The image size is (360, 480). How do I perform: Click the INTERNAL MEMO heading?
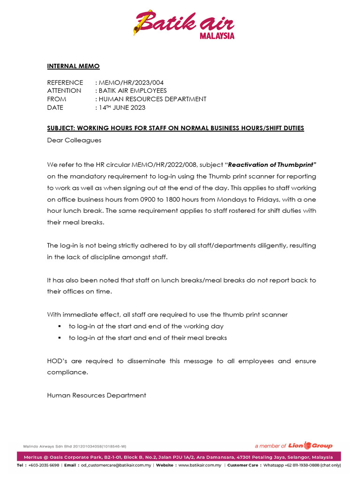coord(73,67)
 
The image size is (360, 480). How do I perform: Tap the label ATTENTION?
coord(64,90)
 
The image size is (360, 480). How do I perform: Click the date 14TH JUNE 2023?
coord(122,107)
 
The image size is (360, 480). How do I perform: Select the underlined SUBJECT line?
coord(175,128)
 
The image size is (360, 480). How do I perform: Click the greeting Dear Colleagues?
coord(74,140)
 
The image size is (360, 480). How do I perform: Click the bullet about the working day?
coord(146,326)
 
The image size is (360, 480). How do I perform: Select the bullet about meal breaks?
coord(148,337)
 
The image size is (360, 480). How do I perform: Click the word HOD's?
coord(58,361)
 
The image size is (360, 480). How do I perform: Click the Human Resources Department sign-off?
coord(97,395)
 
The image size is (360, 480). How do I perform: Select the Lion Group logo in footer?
coord(317,445)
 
